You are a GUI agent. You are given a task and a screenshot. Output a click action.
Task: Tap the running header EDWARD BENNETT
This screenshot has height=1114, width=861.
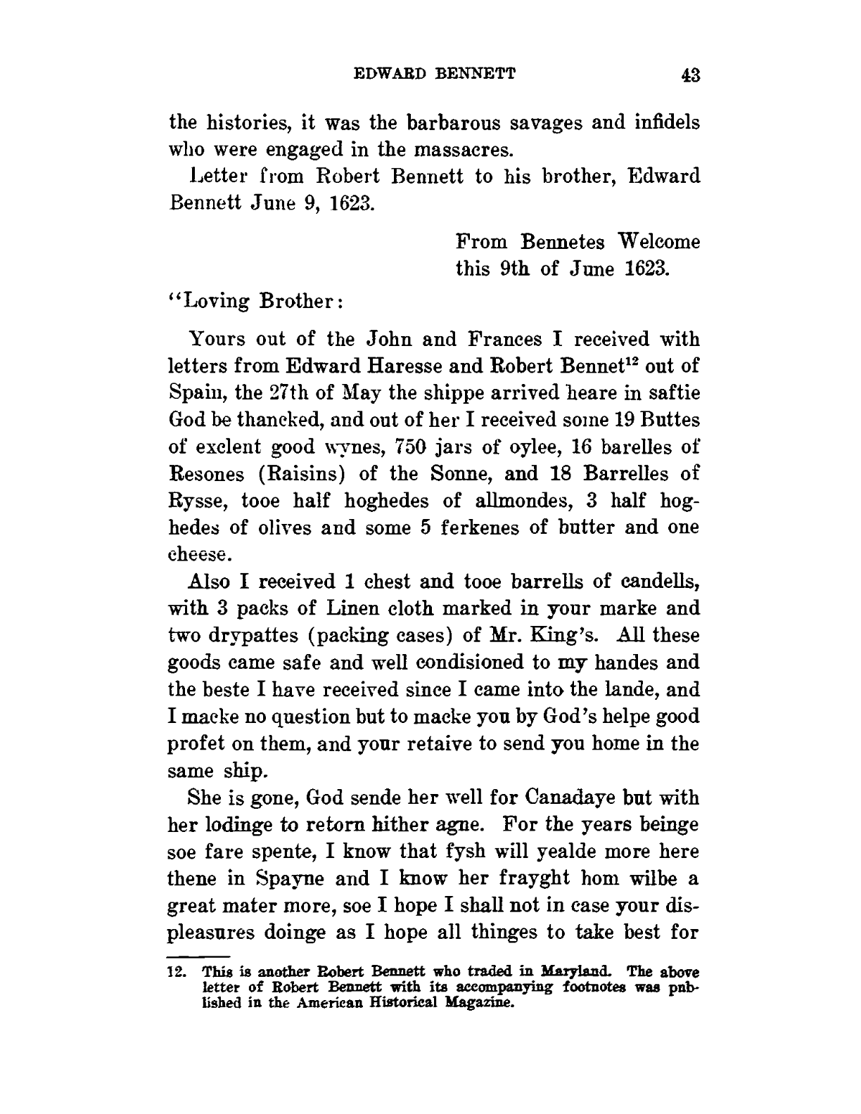click(435, 72)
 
